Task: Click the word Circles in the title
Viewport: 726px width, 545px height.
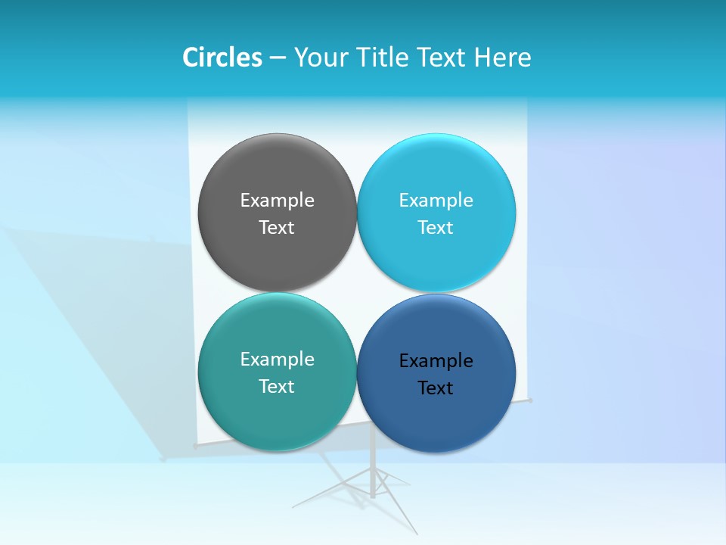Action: [x=222, y=58]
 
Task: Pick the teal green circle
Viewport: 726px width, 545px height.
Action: [x=277, y=416]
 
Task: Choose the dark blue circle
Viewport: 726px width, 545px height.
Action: [x=436, y=420]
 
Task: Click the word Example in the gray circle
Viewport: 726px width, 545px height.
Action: [x=277, y=200]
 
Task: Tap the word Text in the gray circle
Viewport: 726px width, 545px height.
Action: [x=277, y=227]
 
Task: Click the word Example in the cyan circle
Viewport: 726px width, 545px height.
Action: [x=436, y=200]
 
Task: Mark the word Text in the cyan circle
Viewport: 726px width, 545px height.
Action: [x=436, y=227]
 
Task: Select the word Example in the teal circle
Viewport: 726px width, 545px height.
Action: [x=277, y=359]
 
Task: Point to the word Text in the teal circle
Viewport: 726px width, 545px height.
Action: [x=277, y=386]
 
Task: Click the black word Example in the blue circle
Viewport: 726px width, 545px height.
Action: [x=436, y=360]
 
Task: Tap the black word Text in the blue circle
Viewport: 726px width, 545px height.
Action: [x=436, y=388]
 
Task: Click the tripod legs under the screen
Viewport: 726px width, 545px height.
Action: [x=372, y=484]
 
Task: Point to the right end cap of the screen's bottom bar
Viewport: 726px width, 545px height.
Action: [x=530, y=400]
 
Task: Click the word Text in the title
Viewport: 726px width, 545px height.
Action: [x=442, y=58]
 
